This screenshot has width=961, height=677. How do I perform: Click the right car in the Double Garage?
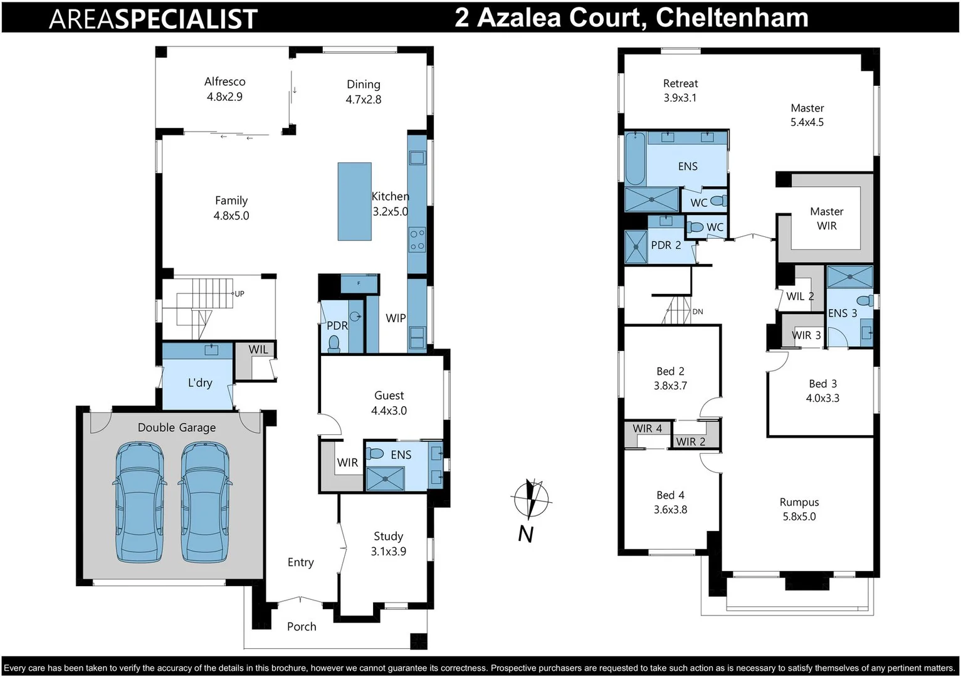pos(206,502)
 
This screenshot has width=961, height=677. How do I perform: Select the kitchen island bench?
pos(354,201)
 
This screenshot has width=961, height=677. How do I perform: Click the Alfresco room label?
pos(224,88)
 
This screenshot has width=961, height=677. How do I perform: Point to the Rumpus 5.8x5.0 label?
pos(799,509)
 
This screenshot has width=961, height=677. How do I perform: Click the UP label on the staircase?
pos(239,293)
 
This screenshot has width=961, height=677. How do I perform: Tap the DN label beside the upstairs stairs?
pos(698,312)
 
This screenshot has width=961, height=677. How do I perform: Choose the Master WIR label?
pos(826,218)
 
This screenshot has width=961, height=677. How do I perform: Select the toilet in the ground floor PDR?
pos(334,343)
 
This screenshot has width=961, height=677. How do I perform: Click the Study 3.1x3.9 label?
pos(388,543)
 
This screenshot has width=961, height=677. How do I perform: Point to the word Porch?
pos(302,626)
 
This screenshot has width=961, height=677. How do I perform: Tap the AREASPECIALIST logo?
pos(153,18)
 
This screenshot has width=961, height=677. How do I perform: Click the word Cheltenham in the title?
pos(732,17)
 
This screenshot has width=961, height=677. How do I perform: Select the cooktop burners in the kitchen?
pos(417,239)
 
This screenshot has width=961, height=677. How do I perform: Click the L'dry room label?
pos(200,382)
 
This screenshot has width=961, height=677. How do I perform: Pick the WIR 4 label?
pos(647,428)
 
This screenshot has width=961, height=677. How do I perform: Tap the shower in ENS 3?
pos(849,276)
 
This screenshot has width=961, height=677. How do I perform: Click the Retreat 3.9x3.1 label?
pos(680,90)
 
